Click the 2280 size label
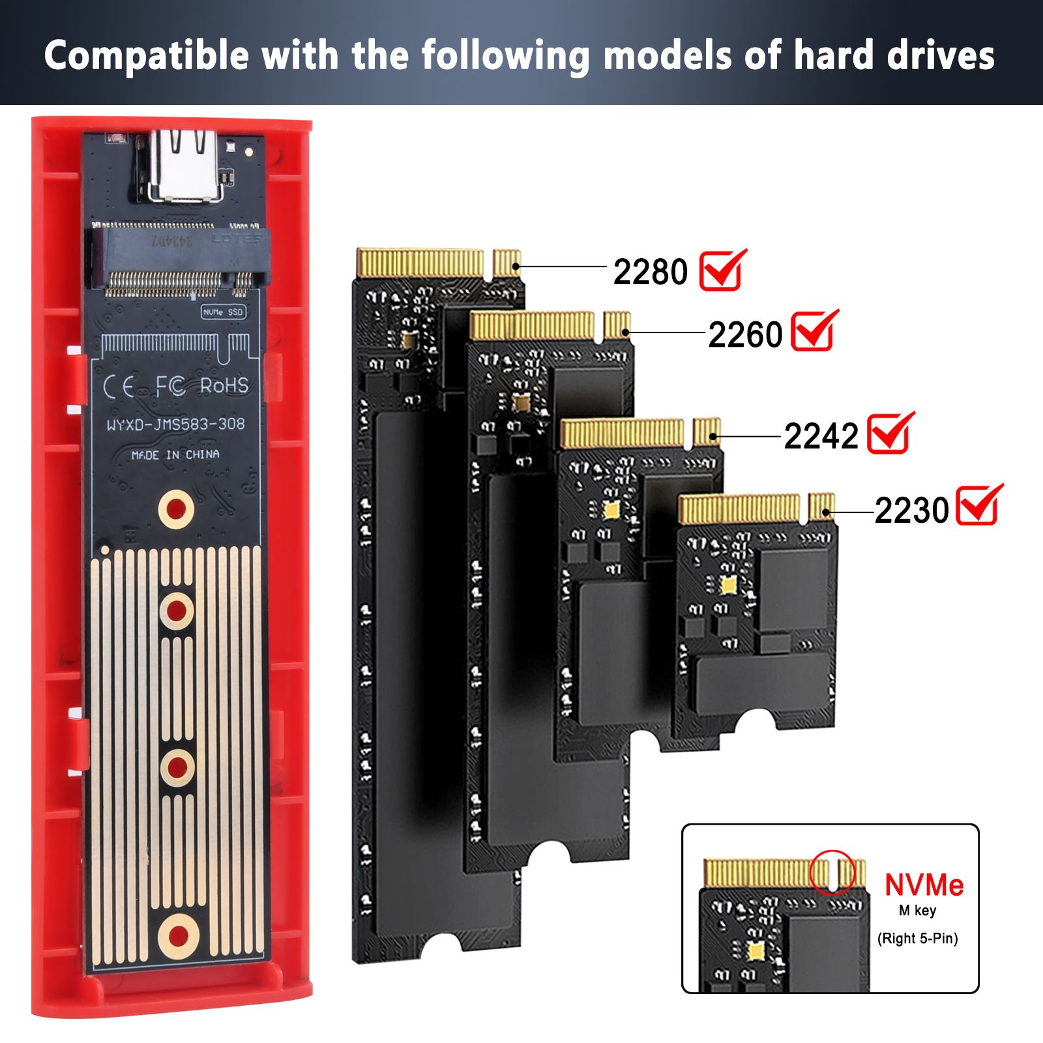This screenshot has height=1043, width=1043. [651, 272]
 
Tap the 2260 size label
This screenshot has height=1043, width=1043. [745, 335]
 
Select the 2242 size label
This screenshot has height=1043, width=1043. [821, 436]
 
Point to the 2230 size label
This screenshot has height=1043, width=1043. [911, 510]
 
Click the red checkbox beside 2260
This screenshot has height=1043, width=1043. [813, 331]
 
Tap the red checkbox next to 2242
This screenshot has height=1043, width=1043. [889, 433]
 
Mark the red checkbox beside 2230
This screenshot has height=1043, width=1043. [978, 505]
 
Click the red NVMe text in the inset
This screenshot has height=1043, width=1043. [924, 885]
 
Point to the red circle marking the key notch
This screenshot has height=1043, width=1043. [832, 872]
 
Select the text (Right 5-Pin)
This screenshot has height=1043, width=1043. [917, 939]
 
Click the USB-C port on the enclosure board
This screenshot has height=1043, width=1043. [185, 166]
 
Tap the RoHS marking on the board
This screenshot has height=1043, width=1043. [224, 386]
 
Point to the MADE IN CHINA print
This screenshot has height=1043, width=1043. [175, 454]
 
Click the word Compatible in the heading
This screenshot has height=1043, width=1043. [147, 56]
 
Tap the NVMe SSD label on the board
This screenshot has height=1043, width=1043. [223, 312]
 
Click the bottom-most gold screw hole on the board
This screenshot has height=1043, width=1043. [178, 936]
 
